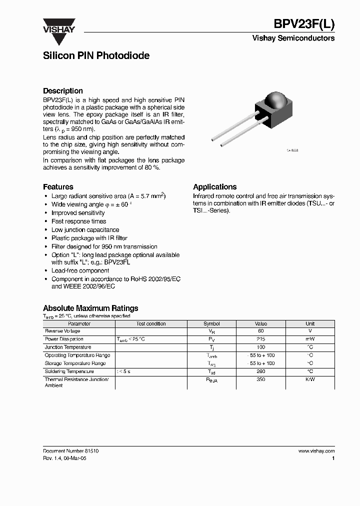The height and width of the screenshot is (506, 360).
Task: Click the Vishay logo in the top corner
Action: point(58,25)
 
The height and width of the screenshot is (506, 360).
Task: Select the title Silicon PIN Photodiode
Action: point(96,56)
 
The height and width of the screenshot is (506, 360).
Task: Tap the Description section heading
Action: point(63,91)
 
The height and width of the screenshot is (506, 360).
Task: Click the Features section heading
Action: point(58,186)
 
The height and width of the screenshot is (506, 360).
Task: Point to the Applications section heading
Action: point(215,186)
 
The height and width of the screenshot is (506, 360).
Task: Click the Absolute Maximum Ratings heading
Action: point(90,308)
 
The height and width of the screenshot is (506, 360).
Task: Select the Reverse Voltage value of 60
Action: point(260,331)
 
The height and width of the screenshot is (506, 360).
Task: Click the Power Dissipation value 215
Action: point(260,339)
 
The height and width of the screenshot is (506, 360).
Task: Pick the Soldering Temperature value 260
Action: point(260,371)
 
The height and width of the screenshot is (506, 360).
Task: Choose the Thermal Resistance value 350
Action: point(260,380)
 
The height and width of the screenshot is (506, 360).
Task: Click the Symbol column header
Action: point(211,323)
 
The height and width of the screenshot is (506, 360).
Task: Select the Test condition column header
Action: point(151,323)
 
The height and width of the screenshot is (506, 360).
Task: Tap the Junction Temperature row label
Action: point(68,347)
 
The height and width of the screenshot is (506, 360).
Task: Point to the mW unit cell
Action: point(310,339)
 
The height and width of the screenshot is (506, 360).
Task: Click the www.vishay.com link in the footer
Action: point(316,450)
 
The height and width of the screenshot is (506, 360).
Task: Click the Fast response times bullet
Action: point(78,221)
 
